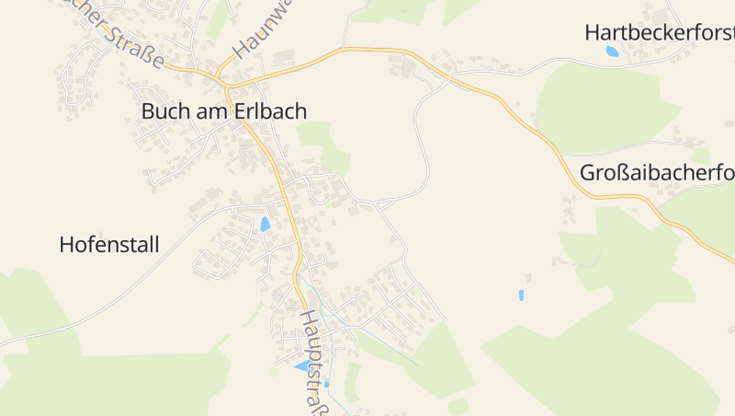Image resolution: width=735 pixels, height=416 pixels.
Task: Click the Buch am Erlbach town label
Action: (x=223, y=111)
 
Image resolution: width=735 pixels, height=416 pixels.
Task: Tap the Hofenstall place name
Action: (x=108, y=245)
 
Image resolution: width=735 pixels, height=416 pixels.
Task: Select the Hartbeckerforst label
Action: (x=659, y=32)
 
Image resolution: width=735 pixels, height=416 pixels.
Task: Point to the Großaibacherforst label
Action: (x=656, y=173)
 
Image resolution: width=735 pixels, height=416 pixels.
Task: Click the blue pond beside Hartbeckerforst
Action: (x=612, y=52)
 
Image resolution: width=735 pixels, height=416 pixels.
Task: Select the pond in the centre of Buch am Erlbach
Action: (x=266, y=224)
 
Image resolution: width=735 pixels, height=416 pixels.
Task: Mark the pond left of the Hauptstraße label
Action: (x=301, y=365)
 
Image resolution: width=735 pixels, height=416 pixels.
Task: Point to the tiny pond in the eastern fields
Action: (x=521, y=295)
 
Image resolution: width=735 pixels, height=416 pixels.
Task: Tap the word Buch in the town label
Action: (x=162, y=111)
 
